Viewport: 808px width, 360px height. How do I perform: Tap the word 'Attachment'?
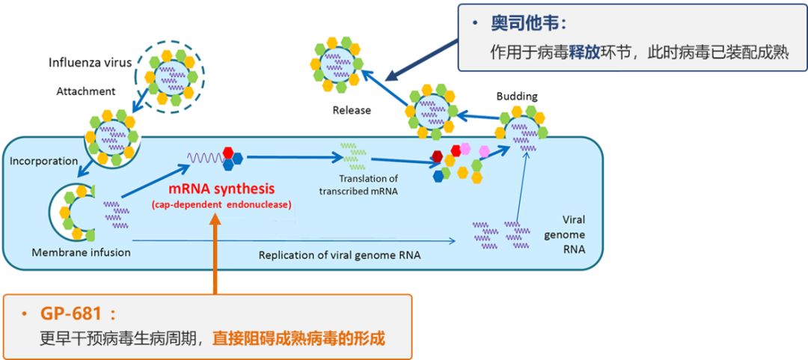click(86, 91)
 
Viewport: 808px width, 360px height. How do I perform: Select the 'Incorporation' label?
click(43, 161)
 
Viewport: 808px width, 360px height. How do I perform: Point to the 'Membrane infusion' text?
click(81, 252)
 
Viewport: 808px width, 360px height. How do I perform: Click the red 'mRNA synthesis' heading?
click(221, 189)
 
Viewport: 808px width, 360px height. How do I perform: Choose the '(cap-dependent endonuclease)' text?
click(221, 204)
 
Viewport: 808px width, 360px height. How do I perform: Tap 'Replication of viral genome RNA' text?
click(340, 255)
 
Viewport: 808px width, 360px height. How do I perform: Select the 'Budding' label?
click(517, 97)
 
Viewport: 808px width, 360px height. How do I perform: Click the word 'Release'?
click(352, 110)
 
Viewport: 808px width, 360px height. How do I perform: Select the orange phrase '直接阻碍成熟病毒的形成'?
click(298, 338)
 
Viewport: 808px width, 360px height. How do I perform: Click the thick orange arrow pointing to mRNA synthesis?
click(216, 254)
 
